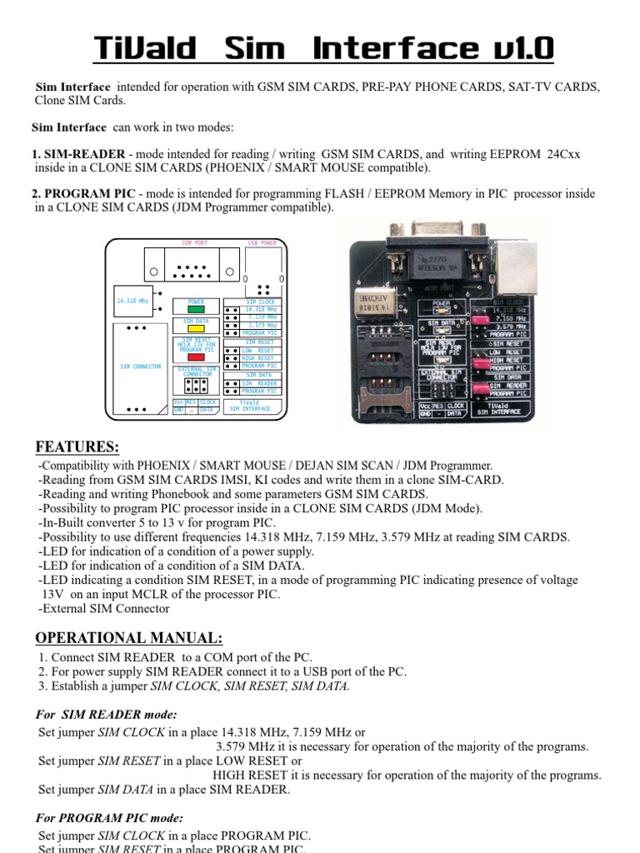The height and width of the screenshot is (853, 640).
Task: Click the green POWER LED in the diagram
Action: [x=196, y=309]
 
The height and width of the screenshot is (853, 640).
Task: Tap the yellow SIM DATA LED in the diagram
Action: [x=196, y=328]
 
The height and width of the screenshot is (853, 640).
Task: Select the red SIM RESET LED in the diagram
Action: [x=196, y=357]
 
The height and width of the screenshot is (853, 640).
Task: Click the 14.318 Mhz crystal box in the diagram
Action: [x=132, y=301]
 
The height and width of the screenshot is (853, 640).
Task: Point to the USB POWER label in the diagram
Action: [x=262, y=243]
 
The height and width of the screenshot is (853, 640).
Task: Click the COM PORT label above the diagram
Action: [x=194, y=243]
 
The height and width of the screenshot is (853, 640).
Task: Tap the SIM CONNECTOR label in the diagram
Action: [x=141, y=367]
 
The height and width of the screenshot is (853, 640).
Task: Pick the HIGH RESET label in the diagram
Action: [x=257, y=358]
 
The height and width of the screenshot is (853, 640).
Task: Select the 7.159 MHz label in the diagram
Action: [x=262, y=317]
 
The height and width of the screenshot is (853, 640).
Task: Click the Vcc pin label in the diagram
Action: [x=178, y=402]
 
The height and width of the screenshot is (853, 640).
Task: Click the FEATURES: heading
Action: [x=77, y=446]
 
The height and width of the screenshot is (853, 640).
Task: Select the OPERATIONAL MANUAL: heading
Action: [x=128, y=638]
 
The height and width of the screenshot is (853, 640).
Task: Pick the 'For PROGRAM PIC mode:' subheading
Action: [x=110, y=818]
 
